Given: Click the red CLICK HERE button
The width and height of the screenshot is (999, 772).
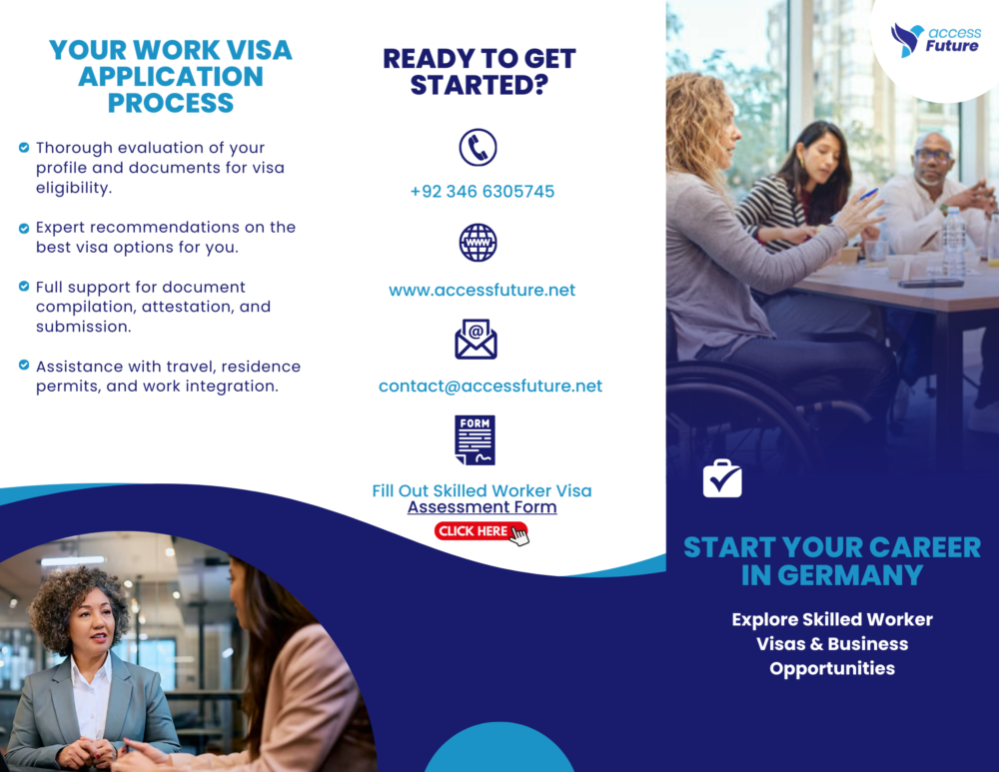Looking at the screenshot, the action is [482, 532].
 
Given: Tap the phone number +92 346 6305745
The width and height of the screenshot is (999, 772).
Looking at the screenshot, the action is [483, 192].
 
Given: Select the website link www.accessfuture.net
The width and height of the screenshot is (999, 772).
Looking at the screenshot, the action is [482, 291].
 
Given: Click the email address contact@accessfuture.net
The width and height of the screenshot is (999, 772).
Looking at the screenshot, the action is [490, 386].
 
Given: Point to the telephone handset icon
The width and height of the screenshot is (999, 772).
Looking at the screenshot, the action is [478, 148].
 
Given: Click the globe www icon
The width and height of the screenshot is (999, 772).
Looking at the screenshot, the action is [478, 243].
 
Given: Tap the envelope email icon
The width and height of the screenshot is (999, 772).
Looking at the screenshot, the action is [476, 339].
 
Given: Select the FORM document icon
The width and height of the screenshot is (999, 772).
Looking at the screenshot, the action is [476, 440].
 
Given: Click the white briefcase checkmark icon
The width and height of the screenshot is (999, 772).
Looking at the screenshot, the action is [722, 478].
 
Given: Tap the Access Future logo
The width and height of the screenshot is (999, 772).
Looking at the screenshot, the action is [935, 40].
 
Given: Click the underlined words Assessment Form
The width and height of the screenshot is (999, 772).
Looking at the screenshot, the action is [483, 507].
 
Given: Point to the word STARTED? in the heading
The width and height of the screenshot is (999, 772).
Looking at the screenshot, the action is [480, 85].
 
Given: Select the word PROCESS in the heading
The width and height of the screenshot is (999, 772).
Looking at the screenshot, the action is [171, 103].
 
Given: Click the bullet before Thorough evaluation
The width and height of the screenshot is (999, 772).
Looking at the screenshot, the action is [24, 148].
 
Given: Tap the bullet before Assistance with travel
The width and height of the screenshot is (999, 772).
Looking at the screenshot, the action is [24, 365].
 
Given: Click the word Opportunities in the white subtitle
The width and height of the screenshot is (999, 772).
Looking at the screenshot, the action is [832, 669].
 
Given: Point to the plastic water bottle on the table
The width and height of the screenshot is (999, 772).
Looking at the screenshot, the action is [954, 240].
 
